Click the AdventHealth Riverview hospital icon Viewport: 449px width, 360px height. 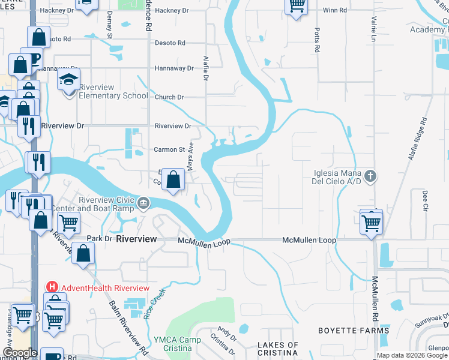click(x=52, y=288)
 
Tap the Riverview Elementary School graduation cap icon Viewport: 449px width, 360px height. click(x=69, y=79)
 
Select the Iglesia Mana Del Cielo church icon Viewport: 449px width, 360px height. click(x=371, y=176)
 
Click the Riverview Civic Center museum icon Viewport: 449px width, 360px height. click(x=143, y=203)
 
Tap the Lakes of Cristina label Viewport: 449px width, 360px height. click(x=278, y=349)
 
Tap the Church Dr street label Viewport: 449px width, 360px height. click(x=169, y=97)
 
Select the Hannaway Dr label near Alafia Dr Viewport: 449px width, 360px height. click(x=174, y=68)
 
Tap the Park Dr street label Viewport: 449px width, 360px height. click(x=100, y=238)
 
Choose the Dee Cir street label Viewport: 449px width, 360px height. click(x=424, y=197)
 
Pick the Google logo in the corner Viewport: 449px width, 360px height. click(x=20, y=353)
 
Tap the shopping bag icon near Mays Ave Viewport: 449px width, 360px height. click(x=173, y=180)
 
